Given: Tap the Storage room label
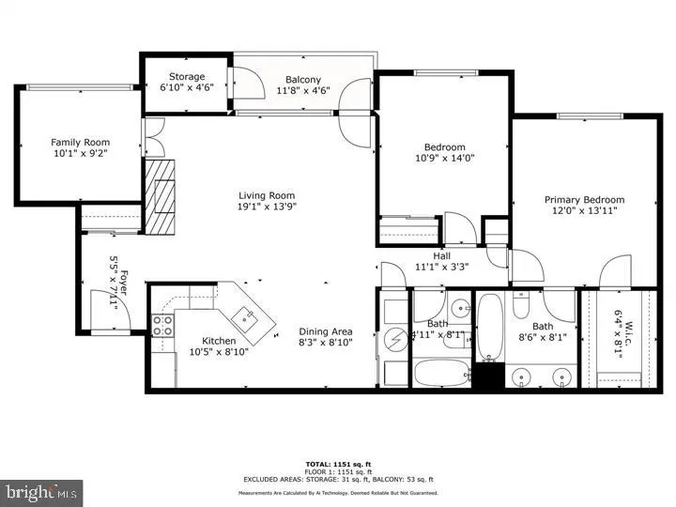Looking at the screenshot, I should (x=187, y=77).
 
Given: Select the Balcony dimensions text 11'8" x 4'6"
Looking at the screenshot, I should (x=303, y=91).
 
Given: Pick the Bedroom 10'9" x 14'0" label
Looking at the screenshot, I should (x=444, y=147).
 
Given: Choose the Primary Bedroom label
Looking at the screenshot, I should (x=584, y=200).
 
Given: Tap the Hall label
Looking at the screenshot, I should (x=442, y=255).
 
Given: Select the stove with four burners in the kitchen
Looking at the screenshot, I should (x=162, y=325).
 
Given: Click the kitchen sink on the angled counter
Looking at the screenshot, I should (x=247, y=316).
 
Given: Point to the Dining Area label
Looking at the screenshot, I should (x=325, y=331).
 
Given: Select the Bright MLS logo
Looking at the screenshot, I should (x=41, y=491).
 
